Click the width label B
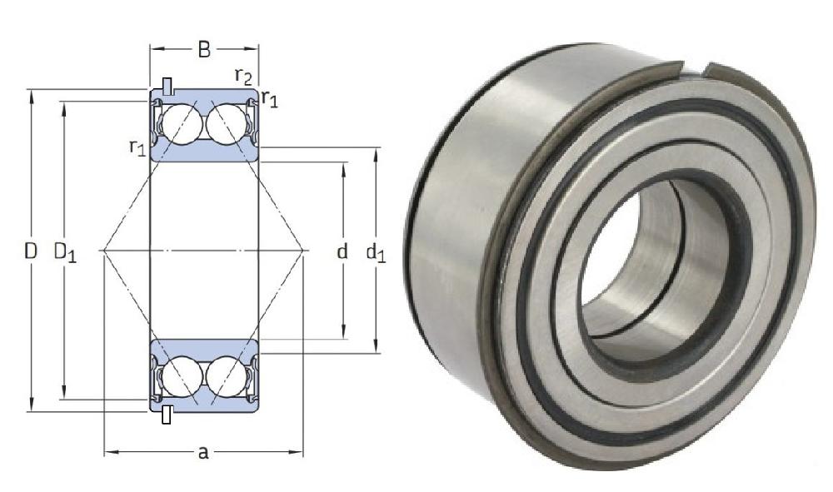tap(203, 50)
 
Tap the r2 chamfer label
tap(243, 77)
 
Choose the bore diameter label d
tap(342, 251)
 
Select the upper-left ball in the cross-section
tap(182, 125)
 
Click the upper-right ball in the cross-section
tap(225, 125)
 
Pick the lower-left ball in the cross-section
tap(182, 375)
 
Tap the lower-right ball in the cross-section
tap(225, 375)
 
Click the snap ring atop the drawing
tap(168, 86)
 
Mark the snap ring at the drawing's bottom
tap(167, 414)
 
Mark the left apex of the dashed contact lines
tap(101, 250)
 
